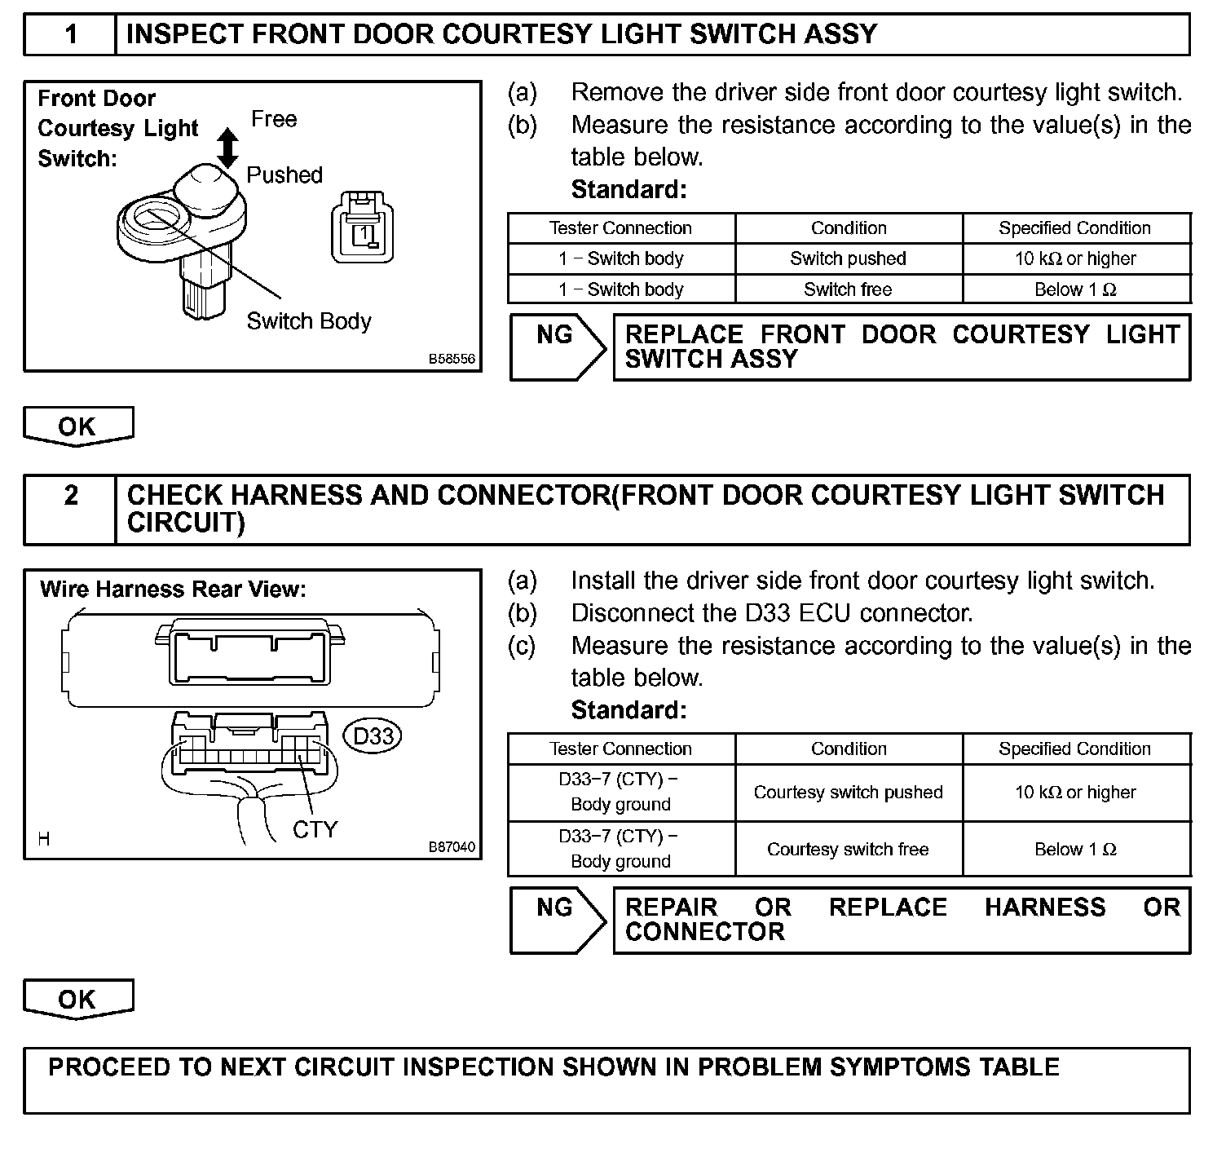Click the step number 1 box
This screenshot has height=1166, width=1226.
(x=71, y=35)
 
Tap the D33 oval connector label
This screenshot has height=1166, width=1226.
(x=373, y=736)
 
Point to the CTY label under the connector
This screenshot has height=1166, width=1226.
(x=315, y=829)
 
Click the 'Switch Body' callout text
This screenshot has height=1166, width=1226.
(x=309, y=321)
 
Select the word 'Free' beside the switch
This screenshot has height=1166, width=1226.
(x=274, y=119)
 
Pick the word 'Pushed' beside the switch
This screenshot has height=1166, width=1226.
(x=284, y=174)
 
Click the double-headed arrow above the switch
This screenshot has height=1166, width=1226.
(x=229, y=148)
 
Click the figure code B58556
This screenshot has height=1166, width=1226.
(x=452, y=359)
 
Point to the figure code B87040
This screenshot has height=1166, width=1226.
(x=452, y=846)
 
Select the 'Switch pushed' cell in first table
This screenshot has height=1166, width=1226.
(x=848, y=258)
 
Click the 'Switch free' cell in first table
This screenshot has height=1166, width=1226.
(x=848, y=289)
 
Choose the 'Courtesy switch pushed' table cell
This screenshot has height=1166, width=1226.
(x=848, y=793)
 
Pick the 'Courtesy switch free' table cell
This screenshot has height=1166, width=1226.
(x=848, y=850)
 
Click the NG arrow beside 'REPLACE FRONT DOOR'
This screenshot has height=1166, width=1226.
(x=558, y=346)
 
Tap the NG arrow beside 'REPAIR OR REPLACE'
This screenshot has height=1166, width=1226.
(x=558, y=919)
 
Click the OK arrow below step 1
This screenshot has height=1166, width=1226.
(x=77, y=426)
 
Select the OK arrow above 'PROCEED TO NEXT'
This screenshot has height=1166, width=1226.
(x=77, y=1000)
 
